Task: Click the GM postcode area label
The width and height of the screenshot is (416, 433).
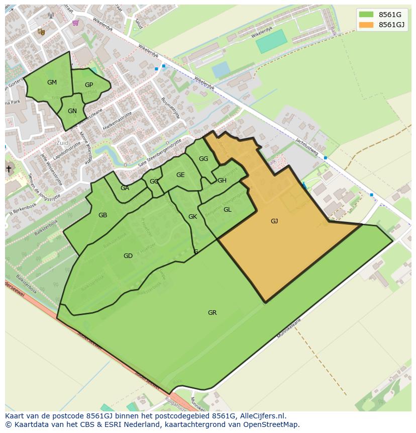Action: pyautogui.click(x=52, y=82)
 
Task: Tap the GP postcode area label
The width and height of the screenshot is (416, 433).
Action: pyautogui.click(x=89, y=85)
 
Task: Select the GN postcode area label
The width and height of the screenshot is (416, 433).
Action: pyautogui.click(x=72, y=111)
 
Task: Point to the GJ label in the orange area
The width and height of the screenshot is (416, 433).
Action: pyautogui.click(x=274, y=221)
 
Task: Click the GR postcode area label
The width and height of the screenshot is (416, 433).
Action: pyautogui.click(x=212, y=313)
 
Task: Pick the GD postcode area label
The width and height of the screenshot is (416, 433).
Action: pyautogui.click(x=128, y=256)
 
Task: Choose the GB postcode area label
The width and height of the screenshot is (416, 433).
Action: pyautogui.click(x=102, y=215)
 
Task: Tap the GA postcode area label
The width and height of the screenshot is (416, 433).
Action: pyautogui.click(x=125, y=188)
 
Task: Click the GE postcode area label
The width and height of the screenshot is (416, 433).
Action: pyautogui.click(x=180, y=175)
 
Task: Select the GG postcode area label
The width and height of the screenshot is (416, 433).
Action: pyautogui.click(x=203, y=159)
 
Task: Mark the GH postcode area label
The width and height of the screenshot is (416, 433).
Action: pyautogui.click(x=222, y=181)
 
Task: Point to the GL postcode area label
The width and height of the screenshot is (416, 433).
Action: pyautogui.click(x=227, y=210)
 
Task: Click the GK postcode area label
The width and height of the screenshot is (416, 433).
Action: pyautogui.click(x=192, y=217)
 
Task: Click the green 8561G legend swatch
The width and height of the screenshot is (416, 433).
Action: pyautogui.click(x=366, y=14)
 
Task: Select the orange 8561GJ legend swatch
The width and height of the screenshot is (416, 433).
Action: pyautogui.click(x=366, y=24)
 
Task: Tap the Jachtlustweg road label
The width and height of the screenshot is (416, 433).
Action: pyautogui.click(x=307, y=147)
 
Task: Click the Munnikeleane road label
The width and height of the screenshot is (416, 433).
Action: pyautogui.click(x=289, y=328)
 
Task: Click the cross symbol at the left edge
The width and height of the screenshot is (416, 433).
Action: pyautogui.click(x=9, y=169)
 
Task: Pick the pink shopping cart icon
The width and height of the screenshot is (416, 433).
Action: pyautogui.click(x=75, y=23)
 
